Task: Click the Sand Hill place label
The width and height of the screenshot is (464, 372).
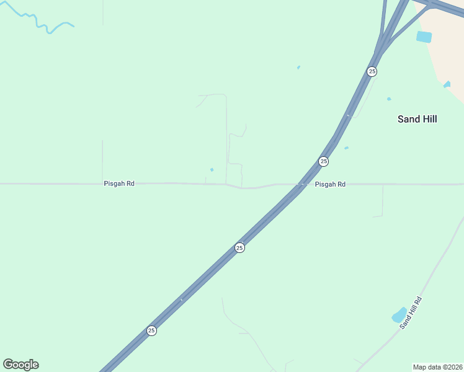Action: (x=417, y=119)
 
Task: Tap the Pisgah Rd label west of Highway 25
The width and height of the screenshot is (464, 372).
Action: (x=119, y=184)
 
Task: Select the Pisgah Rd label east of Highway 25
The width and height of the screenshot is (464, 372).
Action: (x=330, y=184)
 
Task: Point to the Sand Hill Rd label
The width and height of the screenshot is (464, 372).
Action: (x=411, y=312)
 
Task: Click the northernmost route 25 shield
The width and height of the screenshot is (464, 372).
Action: (x=372, y=71)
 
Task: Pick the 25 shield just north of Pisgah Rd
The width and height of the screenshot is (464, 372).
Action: (x=323, y=161)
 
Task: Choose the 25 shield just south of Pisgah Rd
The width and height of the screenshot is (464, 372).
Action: (x=240, y=247)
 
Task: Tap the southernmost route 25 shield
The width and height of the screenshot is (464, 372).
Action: (x=151, y=330)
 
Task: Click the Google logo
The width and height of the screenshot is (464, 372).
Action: (x=20, y=365)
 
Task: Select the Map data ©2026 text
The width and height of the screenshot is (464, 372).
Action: (x=437, y=367)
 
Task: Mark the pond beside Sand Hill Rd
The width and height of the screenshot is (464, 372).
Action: (x=399, y=316)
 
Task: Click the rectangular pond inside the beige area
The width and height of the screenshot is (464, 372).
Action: (x=424, y=37)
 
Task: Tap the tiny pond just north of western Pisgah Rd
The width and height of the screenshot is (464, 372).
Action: (x=212, y=170)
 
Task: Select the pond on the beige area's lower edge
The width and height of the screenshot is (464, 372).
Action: (x=447, y=85)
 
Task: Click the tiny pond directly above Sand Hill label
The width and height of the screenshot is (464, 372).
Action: (x=389, y=99)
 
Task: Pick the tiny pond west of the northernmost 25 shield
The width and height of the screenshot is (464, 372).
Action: (x=298, y=68)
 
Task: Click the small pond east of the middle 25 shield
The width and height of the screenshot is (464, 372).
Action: (x=346, y=148)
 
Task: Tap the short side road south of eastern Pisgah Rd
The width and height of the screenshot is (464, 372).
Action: (x=382, y=202)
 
